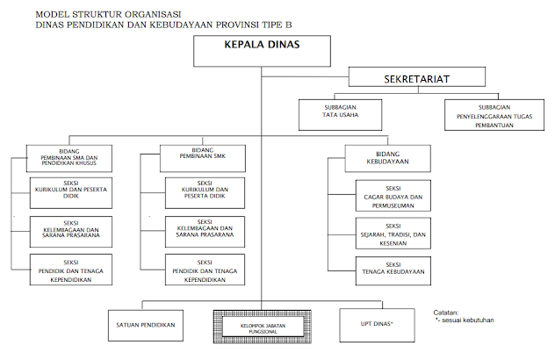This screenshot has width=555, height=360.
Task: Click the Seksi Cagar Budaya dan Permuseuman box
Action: point(393,198)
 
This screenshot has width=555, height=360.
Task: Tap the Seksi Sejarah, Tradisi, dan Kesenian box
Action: point(393,235)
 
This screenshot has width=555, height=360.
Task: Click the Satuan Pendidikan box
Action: point(147,326)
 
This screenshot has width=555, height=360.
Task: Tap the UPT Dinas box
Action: point(374,326)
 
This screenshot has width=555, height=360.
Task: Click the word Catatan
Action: point(447,312)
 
